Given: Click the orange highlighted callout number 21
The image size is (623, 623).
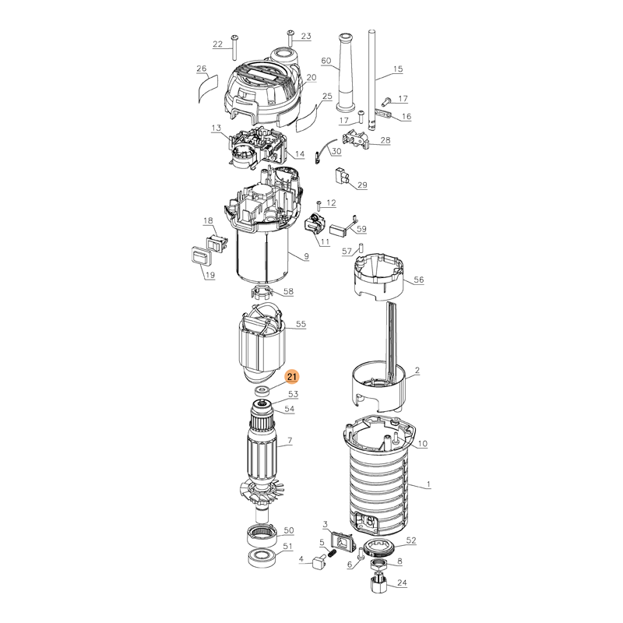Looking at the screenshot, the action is pos(292,377).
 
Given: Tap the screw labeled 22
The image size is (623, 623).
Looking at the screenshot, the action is pos(233,47).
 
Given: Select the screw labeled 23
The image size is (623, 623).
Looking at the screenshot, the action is pos(290,37).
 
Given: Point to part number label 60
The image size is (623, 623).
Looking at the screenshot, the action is pos(326,61).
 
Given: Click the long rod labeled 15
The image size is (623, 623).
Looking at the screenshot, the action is pos(372,79).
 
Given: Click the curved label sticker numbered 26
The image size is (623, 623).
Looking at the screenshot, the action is pos(208,87).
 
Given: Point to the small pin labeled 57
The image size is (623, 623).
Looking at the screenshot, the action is pos(361,248).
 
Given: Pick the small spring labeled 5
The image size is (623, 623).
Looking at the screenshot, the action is pos(332,553).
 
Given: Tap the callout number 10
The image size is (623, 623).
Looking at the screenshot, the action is pos(422,443).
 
